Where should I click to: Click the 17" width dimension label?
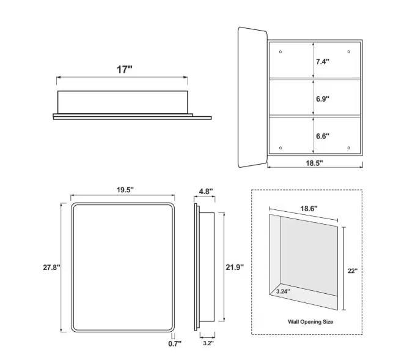tap(125, 69)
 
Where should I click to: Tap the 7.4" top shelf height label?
tap(323, 61)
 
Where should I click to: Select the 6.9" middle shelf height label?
tap(323, 99)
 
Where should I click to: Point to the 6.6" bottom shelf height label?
tap(323, 136)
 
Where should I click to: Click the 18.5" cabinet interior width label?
tap(314, 163)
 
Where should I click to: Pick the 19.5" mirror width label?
tap(125, 190)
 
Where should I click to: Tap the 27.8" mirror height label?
tap(51, 268)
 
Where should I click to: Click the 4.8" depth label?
tap(206, 191)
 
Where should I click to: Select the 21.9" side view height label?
tap(235, 267)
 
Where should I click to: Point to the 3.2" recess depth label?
tap(208, 343)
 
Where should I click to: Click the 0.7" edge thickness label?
tap(175, 343)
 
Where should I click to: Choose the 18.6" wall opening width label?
tap(309, 209)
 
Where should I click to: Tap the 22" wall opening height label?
tap(353, 271)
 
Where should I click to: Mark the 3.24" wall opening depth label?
tap(283, 291)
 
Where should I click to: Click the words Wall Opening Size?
tap(310, 322)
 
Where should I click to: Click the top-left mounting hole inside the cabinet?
tap(280, 52)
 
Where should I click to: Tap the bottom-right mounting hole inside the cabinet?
tap(349, 148)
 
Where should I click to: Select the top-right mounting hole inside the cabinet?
tap(349, 52)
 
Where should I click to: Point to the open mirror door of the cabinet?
tap(252, 97)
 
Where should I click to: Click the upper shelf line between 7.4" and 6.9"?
tap(315, 79)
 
